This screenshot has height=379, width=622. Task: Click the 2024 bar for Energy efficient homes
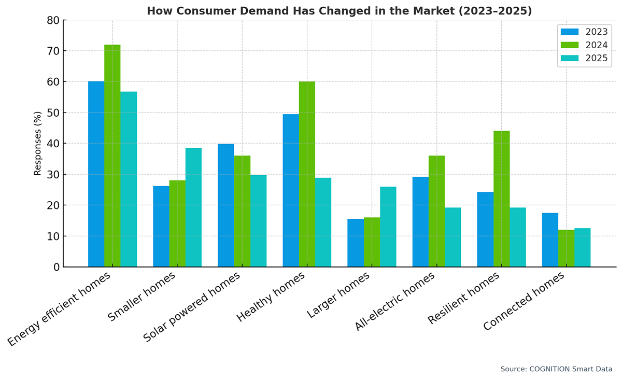(112, 156)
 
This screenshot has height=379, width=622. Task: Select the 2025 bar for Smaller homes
(193, 207)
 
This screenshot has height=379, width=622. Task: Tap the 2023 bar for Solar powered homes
(226, 205)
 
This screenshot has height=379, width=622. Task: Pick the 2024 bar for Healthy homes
(307, 174)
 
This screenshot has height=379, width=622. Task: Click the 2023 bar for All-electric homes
(420, 222)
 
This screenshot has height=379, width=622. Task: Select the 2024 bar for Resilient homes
(501, 199)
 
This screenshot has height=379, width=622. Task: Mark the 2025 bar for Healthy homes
(323, 222)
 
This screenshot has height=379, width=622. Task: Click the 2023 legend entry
(584, 32)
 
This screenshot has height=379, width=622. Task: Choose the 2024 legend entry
(584, 45)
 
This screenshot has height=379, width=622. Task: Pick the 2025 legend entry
(584, 58)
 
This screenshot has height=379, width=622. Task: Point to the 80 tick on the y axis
(54, 20)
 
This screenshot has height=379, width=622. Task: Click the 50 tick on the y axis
(54, 113)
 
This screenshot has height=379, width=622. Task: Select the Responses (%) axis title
(38, 143)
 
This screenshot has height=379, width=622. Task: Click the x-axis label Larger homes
(339, 295)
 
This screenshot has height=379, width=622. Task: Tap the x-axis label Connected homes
(524, 301)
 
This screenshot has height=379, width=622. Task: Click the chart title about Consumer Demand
(340, 11)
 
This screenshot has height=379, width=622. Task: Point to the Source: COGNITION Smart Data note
(556, 369)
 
